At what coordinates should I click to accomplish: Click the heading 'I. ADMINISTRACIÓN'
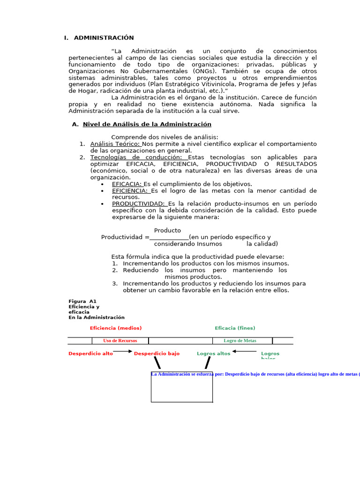[99, 38]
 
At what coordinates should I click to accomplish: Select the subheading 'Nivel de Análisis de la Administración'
[147, 124]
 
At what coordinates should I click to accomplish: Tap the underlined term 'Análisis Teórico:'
[115, 144]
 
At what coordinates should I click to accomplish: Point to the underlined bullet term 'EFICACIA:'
[127, 184]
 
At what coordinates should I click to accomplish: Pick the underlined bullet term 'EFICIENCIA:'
[130, 191]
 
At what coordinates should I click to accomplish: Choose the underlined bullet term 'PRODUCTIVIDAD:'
[139, 204]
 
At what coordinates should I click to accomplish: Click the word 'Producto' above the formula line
[167, 231]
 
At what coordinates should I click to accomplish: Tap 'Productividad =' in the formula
[125, 238]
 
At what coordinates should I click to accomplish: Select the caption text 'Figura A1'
[82, 301]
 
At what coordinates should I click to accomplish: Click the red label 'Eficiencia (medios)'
[116, 328]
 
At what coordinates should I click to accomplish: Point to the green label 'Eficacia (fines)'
[235, 328]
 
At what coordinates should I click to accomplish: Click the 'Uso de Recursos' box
[120, 341]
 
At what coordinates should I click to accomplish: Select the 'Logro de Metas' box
[240, 341]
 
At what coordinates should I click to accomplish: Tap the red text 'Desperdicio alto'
[90, 354]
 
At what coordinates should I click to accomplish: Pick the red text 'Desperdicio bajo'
[157, 354]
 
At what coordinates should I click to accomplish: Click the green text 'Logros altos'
[213, 354]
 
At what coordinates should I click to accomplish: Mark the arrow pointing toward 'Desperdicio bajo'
[123, 351]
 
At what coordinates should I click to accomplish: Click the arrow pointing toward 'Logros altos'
[244, 351]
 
